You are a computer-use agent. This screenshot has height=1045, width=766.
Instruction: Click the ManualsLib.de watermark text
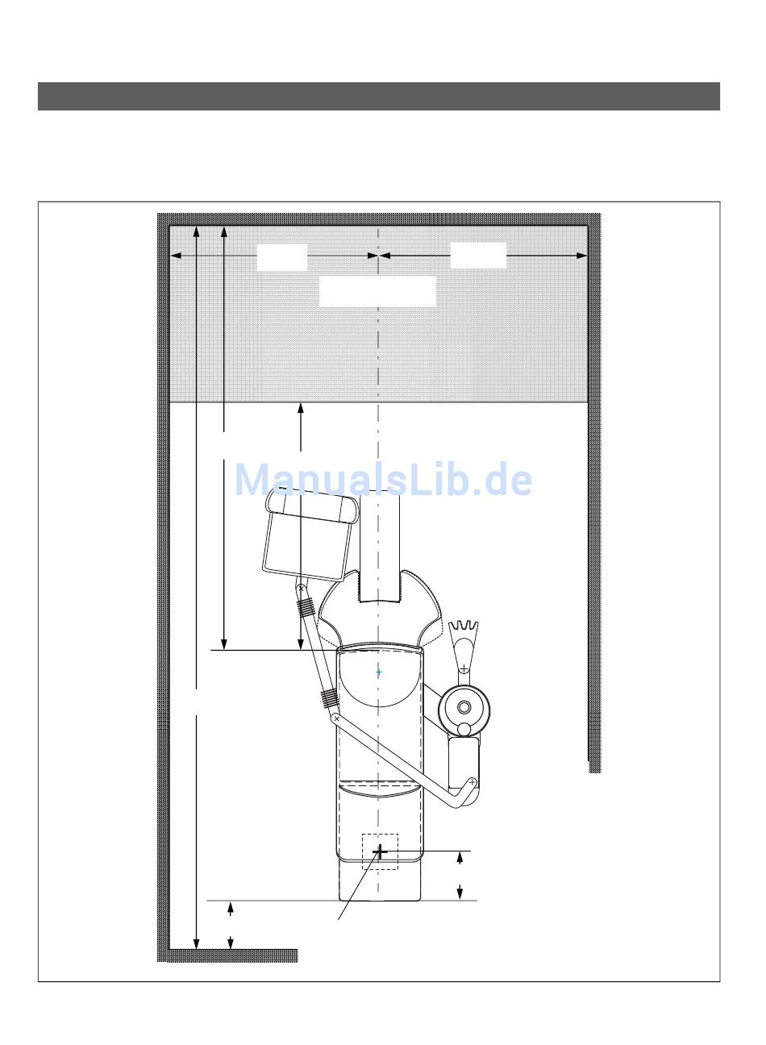click(x=383, y=480)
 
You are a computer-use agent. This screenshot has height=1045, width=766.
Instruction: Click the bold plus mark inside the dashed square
click(x=381, y=851)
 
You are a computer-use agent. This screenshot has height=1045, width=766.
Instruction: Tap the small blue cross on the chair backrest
click(x=379, y=672)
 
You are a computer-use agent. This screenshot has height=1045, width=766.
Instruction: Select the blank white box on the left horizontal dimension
click(x=281, y=257)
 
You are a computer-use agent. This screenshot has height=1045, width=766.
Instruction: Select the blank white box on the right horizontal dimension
click(x=478, y=255)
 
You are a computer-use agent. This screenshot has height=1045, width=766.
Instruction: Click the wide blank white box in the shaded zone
click(x=377, y=292)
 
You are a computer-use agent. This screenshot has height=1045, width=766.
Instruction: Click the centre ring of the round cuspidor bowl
click(x=464, y=707)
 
